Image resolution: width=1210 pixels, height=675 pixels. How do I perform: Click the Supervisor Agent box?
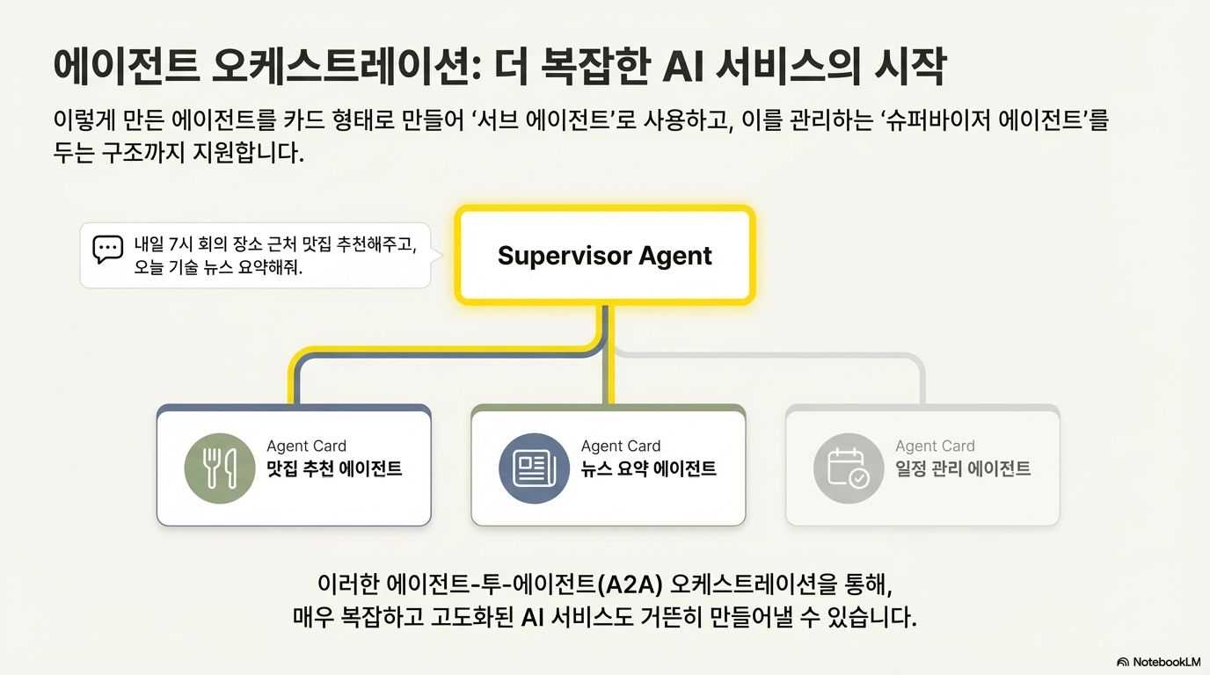605,256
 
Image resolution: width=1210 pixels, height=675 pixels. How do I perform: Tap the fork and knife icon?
219,468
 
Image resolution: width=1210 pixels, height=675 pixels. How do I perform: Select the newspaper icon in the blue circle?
534,468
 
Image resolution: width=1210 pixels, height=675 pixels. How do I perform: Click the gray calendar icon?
848,468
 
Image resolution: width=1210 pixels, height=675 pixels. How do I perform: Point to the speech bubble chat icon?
107,249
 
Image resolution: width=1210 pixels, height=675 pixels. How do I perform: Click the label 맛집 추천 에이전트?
334,469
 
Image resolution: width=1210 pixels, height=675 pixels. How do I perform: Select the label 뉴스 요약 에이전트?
649,469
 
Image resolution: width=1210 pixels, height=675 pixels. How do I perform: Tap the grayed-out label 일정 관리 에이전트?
963,469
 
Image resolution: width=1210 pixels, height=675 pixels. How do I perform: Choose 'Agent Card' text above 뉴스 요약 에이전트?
621,446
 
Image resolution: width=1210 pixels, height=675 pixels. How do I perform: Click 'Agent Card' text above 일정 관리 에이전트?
935,446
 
